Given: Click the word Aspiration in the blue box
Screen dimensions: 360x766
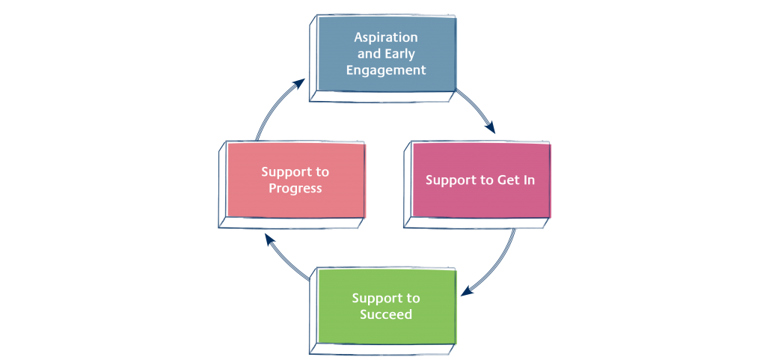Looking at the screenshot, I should tap(386, 37).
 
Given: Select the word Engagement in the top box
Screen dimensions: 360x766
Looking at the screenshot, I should tap(386, 70).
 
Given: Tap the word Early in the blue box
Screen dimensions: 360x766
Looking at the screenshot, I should tap(401, 54).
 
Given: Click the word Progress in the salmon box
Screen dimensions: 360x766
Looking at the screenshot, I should tap(295, 189).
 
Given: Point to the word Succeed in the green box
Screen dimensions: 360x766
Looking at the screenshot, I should tap(386, 314).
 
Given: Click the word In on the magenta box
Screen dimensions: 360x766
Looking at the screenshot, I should tap(527, 180).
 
